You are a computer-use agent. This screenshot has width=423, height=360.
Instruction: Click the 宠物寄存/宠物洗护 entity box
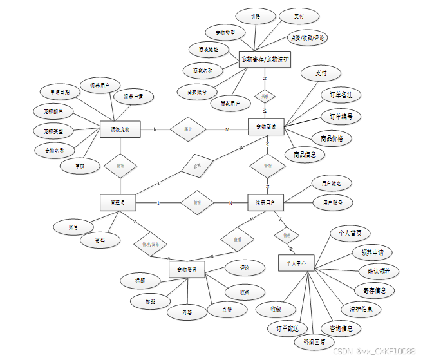[265, 60]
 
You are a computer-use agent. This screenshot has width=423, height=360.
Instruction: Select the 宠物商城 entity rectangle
[266, 127]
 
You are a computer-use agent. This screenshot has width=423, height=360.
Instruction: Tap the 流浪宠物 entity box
[120, 129]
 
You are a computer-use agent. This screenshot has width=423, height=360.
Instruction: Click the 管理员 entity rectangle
[117, 203]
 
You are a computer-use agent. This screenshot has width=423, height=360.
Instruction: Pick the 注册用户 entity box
[265, 203]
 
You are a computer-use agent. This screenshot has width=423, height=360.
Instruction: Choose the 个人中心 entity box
[296, 263]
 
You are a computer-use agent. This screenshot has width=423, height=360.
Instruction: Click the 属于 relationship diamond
[187, 129]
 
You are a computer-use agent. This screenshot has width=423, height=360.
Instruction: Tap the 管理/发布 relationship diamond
[151, 244]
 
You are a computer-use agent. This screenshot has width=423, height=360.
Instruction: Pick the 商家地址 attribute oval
[207, 49]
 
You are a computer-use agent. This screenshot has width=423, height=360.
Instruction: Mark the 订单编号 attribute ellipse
[341, 117]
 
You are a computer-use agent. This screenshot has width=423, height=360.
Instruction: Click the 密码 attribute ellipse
[99, 241]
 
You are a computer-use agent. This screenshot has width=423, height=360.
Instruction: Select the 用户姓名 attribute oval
[336, 184]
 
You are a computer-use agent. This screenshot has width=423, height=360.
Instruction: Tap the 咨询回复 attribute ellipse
[314, 342]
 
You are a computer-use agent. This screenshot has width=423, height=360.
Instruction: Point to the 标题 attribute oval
[139, 281]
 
